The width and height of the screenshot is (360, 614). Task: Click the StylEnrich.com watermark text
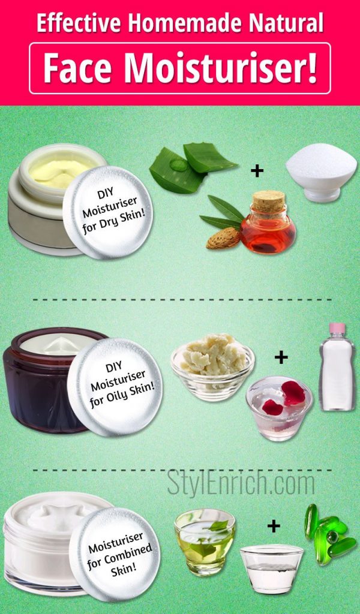pyautogui.click(x=241, y=484)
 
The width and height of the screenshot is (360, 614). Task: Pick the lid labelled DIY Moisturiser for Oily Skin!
pyautogui.click(x=115, y=387)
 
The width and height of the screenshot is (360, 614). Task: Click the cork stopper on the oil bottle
pyautogui.click(x=268, y=202)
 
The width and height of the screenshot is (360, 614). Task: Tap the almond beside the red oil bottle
pyautogui.click(x=223, y=238)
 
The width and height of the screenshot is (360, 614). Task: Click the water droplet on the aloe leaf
pyautogui.click(x=179, y=164)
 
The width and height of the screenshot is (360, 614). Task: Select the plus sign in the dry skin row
pyautogui.click(x=257, y=171)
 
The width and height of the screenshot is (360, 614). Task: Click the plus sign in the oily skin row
pyautogui.click(x=281, y=357)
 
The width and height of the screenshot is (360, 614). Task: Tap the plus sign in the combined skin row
pyautogui.click(x=274, y=526)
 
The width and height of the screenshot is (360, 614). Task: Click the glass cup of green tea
pyautogui.click(x=205, y=542)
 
